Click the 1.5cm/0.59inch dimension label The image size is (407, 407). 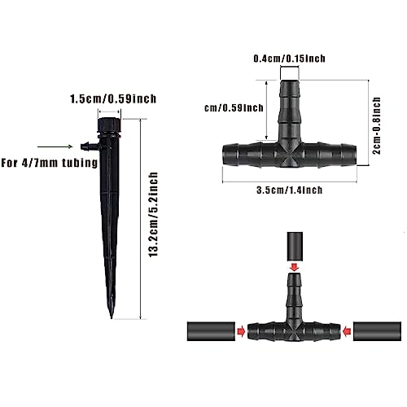pyautogui.click(x=113, y=98)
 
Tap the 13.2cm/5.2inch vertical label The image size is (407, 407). pyautogui.click(x=153, y=215)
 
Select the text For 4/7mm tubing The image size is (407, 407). pyautogui.click(x=49, y=163)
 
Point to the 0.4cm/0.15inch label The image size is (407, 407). pyautogui.click(x=289, y=59)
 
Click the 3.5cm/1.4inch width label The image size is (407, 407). pyautogui.click(x=290, y=190)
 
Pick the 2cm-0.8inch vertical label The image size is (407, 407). pyautogui.click(x=376, y=125)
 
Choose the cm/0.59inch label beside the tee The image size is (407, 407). pyautogui.click(x=234, y=108)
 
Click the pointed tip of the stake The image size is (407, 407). pyautogui.click(x=112, y=318)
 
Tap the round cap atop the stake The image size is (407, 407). pyautogui.click(x=109, y=125)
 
